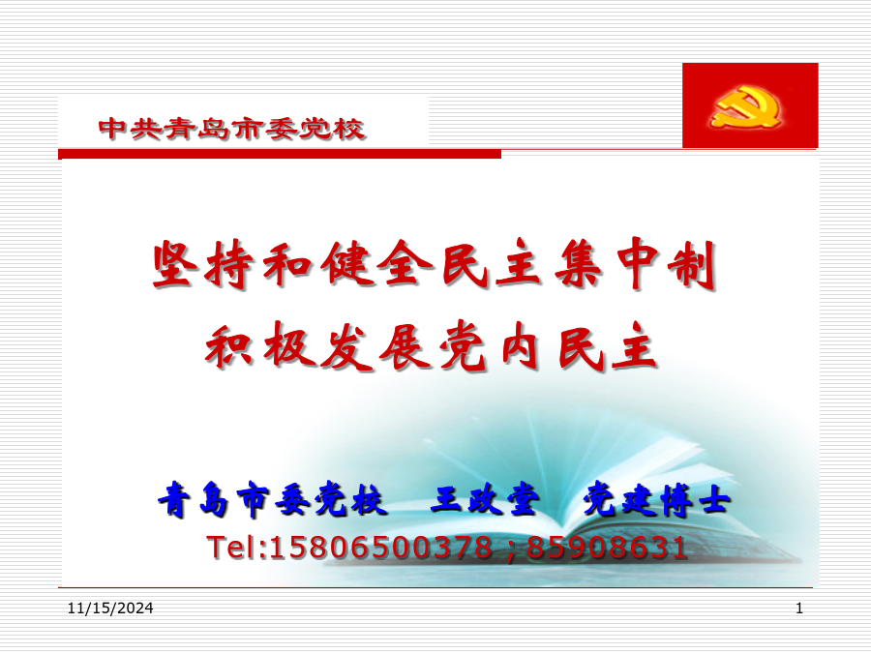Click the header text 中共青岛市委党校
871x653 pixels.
coord(231,129)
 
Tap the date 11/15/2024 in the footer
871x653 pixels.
coord(110,608)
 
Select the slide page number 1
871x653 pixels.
coord(799,608)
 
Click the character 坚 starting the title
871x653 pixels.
coord(175,265)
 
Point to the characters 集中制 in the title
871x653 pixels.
coord(637,264)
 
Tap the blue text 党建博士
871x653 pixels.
coord(656,499)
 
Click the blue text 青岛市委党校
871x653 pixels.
coord(272,499)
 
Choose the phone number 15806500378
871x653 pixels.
coord(380,548)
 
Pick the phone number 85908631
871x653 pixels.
coord(607,548)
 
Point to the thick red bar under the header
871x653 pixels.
coord(280,154)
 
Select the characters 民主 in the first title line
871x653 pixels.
coord(493,264)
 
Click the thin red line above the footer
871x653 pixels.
coord(435,587)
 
